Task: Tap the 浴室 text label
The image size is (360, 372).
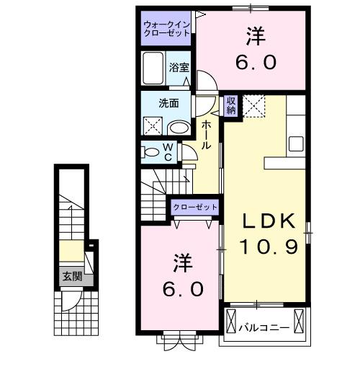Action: click(179, 68)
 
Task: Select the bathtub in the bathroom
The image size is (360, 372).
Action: click(153, 70)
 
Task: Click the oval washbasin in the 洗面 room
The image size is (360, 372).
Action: click(178, 128)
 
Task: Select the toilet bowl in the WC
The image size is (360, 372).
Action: click(151, 152)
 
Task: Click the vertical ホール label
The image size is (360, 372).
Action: click(207, 136)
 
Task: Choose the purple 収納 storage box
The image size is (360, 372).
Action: click(231, 105)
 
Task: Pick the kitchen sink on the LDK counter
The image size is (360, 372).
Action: click(297, 143)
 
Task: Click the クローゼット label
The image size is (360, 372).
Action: click(194, 208)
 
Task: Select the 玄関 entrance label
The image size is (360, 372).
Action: click(71, 276)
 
